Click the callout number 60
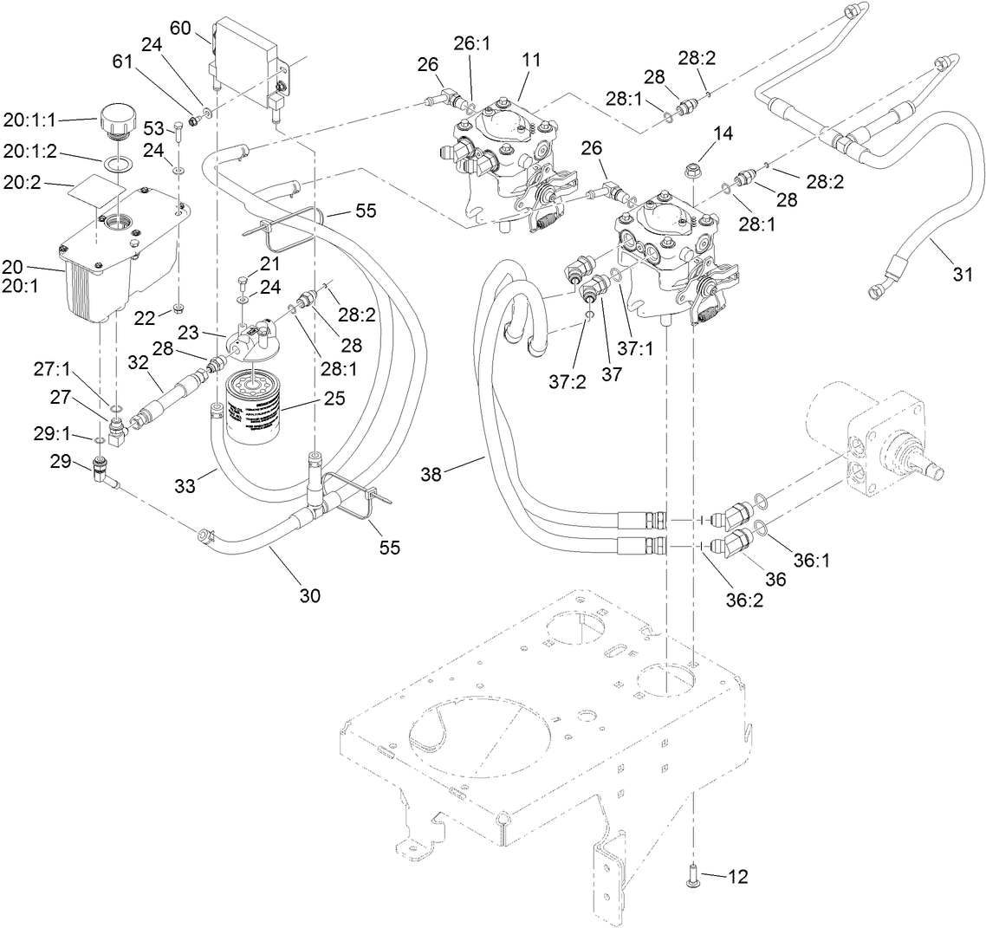pos(180,28)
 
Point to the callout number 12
pos(736,877)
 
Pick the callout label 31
pos(962,275)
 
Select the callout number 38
pos(436,473)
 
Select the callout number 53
pos(152,129)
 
